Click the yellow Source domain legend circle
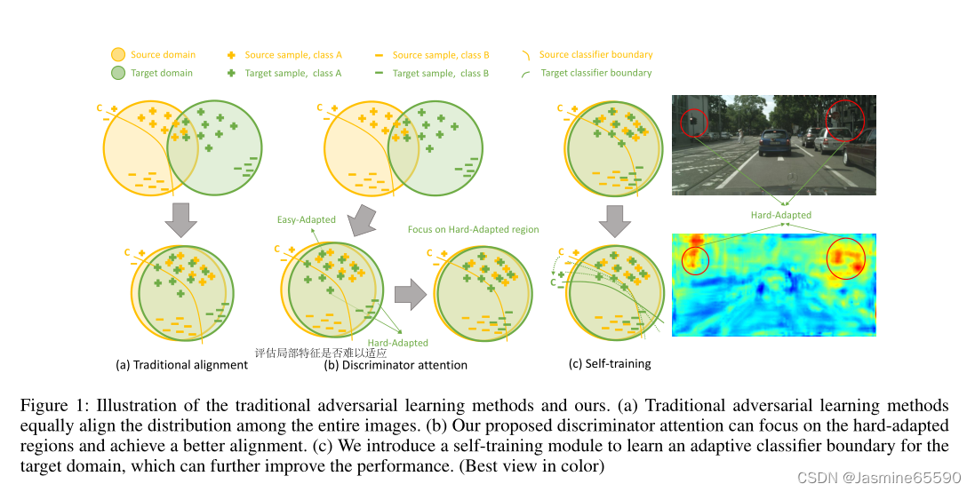click(x=118, y=55)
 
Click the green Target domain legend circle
click(x=118, y=73)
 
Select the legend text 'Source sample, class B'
click(x=441, y=55)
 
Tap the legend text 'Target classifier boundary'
click(x=595, y=73)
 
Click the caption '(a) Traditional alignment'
click(x=181, y=364)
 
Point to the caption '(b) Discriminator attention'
click(x=396, y=364)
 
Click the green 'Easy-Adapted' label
click(x=308, y=219)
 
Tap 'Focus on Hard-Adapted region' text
click(x=473, y=229)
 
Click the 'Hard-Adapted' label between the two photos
click(x=781, y=215)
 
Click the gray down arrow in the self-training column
click(x=613, y=219)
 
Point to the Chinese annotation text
click(x=308, y=352)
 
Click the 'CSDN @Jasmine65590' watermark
click(x=878, y=477)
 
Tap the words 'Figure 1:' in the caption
click(x=49, y=405)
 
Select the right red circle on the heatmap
click(x=844, y=258)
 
